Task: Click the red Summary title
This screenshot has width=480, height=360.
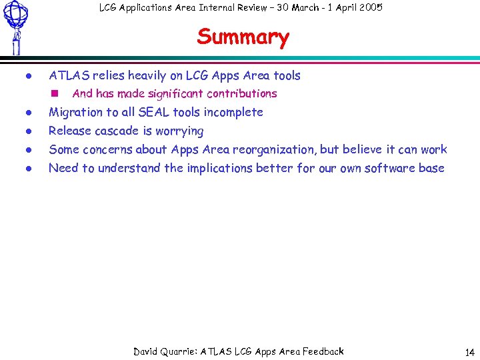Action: pos(243,37)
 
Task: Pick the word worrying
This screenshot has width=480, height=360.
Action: pos(179,131)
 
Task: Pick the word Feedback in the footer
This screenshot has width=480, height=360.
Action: pos(323,351)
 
